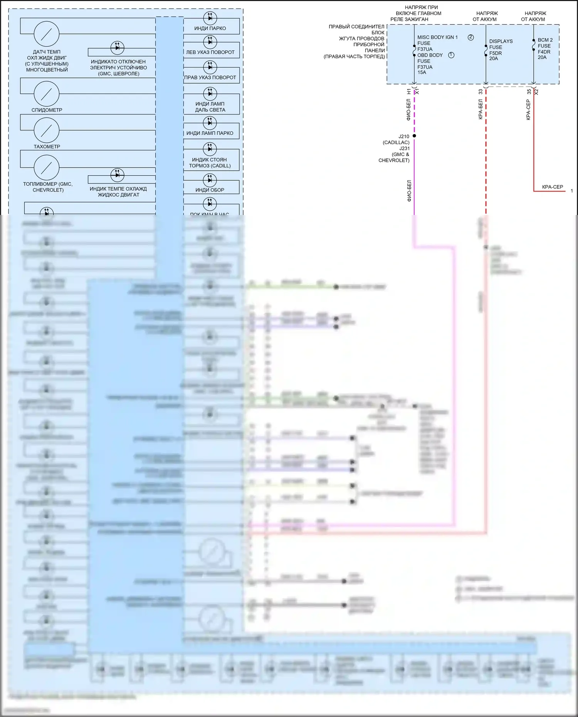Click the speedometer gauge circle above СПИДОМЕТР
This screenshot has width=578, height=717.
pyautogui.click(x=47, y=94)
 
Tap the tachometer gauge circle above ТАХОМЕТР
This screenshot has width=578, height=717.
pyautogui.click(x=47, y=130)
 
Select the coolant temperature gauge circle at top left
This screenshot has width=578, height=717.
pyautogui.click(x=47, y=34)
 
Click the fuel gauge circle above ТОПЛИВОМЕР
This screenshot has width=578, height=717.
pyautogui.click(x=47, y=168)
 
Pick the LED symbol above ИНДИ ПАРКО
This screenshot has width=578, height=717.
pyautogui.click(x=210, y=18)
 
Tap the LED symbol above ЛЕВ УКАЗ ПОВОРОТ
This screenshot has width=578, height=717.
pyautogui.click(x=210, y=42)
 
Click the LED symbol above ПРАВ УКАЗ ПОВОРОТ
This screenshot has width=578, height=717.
pyautogui.click(x=210, y=67)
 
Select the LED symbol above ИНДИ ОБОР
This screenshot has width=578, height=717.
pyautogui.click(x=210, y=180)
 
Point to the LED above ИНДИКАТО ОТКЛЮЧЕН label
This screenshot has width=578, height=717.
pyautogui.click(x=117, y=48)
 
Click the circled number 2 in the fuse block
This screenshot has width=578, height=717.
pyautogui.click(x=470, y=37)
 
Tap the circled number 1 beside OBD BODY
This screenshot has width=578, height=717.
pyautogui.click(x=451, y=55)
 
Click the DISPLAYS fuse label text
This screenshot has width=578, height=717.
pyautogui.click(x=501, y=41)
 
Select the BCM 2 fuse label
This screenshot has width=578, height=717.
pyautogui.click(x=545, y=40)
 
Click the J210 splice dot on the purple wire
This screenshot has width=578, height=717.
pyautogui.click(x=414, y=136)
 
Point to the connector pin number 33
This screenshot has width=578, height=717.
pyautogui.click(x=481, y=92)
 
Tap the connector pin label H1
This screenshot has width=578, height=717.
pyautogui.click(x=409, y=92)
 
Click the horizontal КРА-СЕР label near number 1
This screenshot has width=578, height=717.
pyautogui.click(x=552, y=187)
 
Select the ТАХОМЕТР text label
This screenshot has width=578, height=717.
pyautogui.click(x=47, y=146)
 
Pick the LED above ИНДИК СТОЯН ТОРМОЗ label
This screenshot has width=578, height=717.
pyautogui.click(x=210, y=148)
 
